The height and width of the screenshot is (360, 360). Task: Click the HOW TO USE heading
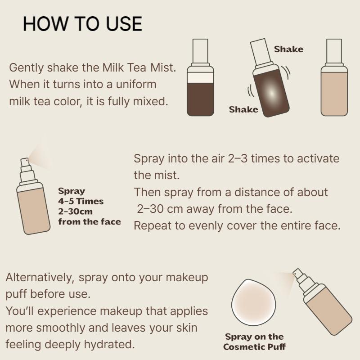click(82, 23)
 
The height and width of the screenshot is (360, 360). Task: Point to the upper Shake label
click(288, 49)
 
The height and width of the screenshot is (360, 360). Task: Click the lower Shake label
click(243, 109)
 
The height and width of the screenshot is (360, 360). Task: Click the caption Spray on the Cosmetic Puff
click(254, 342)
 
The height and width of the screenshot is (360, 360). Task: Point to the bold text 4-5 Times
click(81, 201)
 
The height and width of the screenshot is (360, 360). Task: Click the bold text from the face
click(89, 221)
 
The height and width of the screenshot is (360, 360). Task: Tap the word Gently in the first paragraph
click(26, 68)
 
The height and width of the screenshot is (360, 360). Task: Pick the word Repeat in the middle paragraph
click(151, 225)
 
